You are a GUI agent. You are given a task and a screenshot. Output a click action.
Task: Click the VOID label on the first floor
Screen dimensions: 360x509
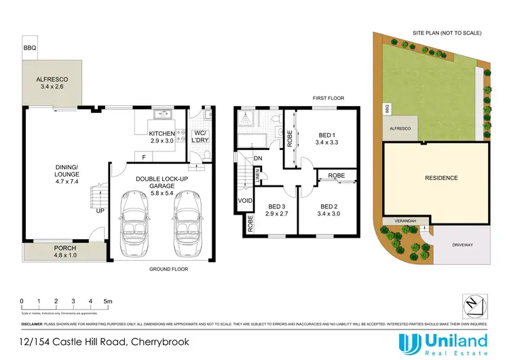244,202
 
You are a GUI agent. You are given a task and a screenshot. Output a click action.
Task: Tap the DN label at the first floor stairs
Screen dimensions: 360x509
259,160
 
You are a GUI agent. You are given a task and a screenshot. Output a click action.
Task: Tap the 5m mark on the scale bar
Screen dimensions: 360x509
107,301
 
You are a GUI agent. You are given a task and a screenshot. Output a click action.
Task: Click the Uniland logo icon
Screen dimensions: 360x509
409,342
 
